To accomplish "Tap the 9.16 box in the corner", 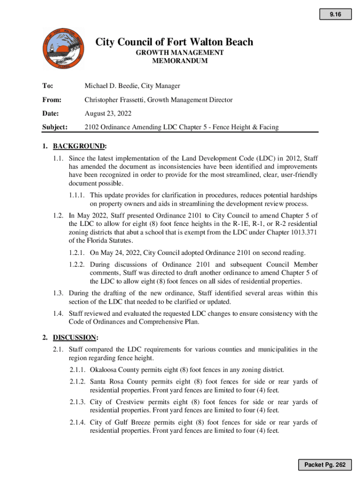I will pyautogui.click(x=335, y=15).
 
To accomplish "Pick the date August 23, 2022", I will pyautogui.click(x=108, y=113).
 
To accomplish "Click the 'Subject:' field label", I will pyautogui.click(x=55, y=127).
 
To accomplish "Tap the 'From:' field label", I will pyautogui.click(x=51, y=100).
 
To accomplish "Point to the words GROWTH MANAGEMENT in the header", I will pyautogui.click(x=180, y=53).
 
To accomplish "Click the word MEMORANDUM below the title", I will pyautogui.click(x=180, y=61).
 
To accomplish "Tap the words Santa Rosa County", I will pyautogui.click(x=120, y=382).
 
